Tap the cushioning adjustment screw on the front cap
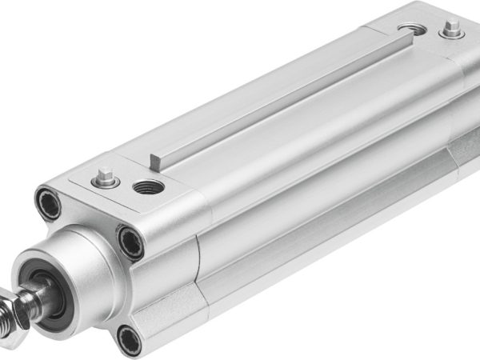[x=105, y=177]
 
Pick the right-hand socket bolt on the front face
[x=129, y=240]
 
